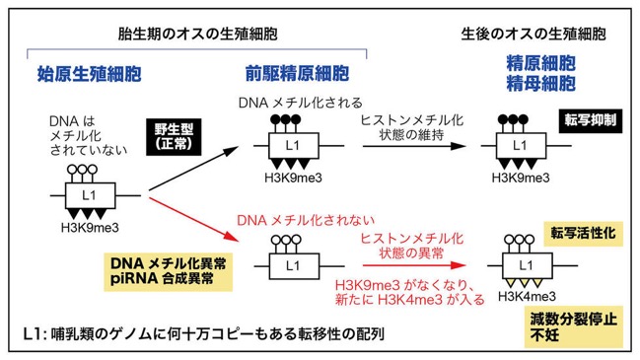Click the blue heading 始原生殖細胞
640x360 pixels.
[90, 74]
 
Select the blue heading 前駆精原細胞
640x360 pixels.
[297, 74]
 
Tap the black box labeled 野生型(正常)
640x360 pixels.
[174, 137]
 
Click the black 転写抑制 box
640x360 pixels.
[591, 120]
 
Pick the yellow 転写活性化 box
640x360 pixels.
[583, 234]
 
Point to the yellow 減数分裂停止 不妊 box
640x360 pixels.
[574, 326]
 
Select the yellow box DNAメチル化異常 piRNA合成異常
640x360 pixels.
[169, 271]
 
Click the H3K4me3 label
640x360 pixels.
[527, 296]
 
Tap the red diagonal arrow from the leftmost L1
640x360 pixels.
[193, 219]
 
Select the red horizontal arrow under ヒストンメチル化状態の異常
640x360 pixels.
[414, 265]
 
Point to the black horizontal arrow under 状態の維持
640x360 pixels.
[414, 146]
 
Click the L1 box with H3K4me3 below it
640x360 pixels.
[527, 265]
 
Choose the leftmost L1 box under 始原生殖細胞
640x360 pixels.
[90, 195]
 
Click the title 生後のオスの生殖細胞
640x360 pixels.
[533, 34]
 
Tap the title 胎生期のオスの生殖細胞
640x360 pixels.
[197, 34]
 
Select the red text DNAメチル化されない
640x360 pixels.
[306, 220]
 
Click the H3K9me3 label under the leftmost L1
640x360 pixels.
[90, 228]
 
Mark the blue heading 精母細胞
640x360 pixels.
[540, 84]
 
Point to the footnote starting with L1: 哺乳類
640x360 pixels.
[204, 334]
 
